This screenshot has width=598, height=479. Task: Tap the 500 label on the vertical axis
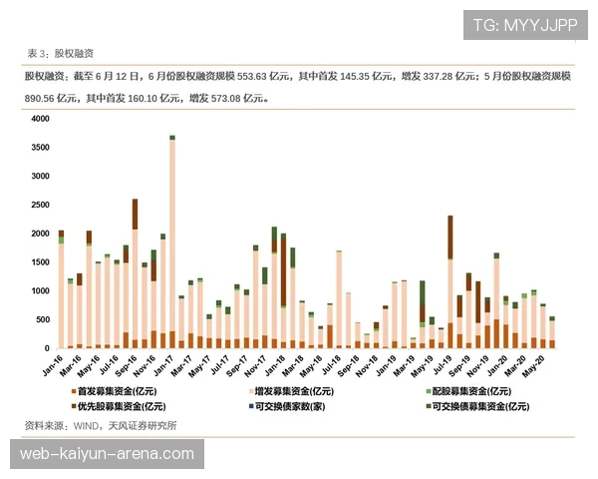pyautogui.click(x=41, y=319)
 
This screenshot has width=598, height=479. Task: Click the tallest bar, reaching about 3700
pyautogui.click(x=172, y=239)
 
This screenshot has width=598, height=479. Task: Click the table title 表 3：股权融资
pyautogui.click(x=63, y=53)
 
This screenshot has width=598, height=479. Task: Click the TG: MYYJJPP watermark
pyautogui.click(x=524, y=24)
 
